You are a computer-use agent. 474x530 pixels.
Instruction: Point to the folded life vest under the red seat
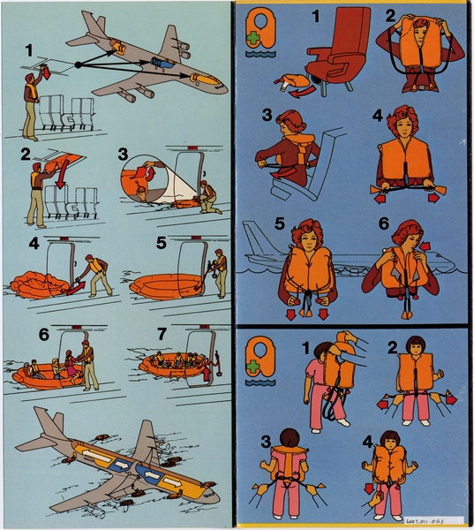pyautogui.click(x=293, y=84)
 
